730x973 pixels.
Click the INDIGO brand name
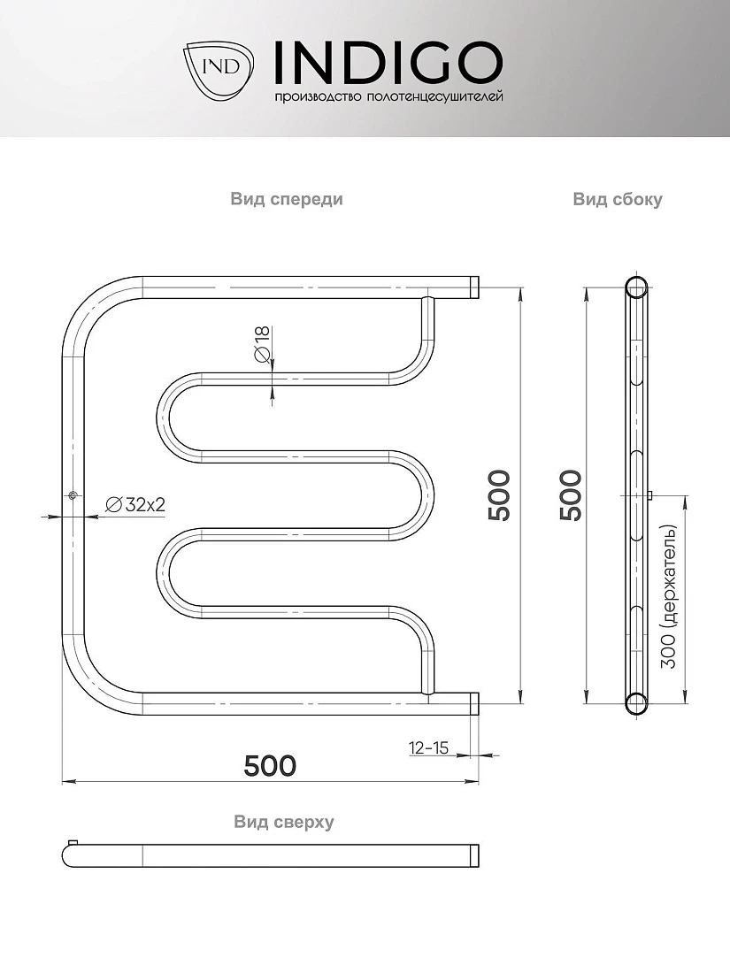click(x=388, y=63)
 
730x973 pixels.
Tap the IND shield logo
click(x=219, y=70)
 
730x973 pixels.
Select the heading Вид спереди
click(x=286, y=199)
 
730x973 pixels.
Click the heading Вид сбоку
click(x=617, y=199)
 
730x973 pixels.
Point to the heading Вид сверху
click(x=284, y=822)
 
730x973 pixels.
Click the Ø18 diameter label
click(x=262, y=344)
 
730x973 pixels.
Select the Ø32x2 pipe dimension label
click(x=136, y=504)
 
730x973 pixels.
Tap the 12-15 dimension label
click(x=428, y=747)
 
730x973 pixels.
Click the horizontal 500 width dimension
click(x=270, y=766)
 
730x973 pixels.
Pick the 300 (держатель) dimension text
click(x=668, y=597)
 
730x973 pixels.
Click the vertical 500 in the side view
click(x=571, y=495)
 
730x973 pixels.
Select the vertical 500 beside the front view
click(x=499, y=495)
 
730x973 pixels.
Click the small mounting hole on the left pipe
click(x=73, y=495)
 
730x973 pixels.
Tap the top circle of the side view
click(x=635, y=287)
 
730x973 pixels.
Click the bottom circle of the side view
click(x=635, y=704)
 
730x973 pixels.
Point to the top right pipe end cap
click(x=474, y=287)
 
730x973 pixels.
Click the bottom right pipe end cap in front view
click(x=474, y=704)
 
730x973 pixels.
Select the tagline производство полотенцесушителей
click(x=388, y=96)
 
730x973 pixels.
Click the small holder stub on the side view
click(x=649, y=495)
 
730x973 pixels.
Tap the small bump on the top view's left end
click(x=73, y=842)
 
